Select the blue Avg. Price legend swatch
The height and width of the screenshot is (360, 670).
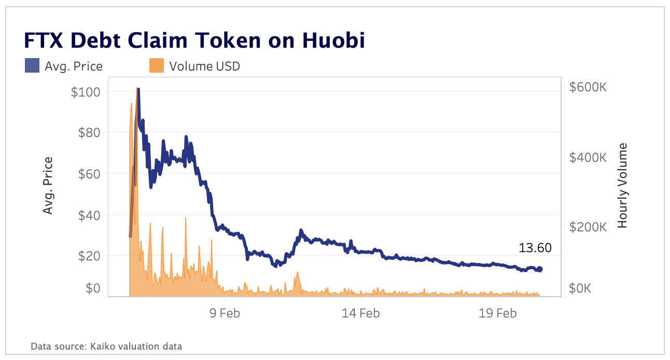[31, 66]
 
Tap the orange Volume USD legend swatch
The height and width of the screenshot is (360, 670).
[156, 66]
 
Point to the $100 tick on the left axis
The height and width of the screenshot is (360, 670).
[86, 92]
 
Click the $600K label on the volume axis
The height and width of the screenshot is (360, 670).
[588, 87]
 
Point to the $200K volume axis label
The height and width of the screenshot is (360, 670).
[588, 227]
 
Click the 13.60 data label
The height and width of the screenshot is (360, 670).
[535, 248]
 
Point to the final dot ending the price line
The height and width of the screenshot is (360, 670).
[539, 269]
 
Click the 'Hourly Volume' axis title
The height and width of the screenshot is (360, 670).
[622, 186]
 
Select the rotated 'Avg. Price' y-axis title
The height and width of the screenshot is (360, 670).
[48, 186]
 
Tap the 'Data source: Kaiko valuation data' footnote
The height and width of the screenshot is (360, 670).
[106, 346]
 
